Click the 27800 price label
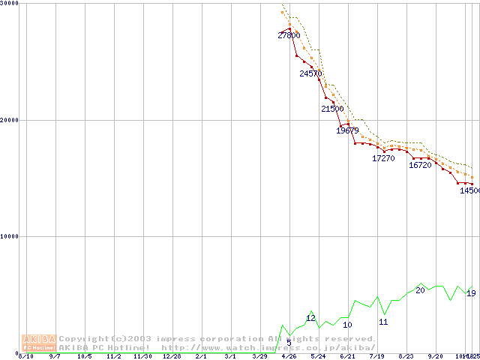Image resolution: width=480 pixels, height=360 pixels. (289, 35)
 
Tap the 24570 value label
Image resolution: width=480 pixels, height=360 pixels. (310, 73)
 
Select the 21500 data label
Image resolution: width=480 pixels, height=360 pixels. (332, 109)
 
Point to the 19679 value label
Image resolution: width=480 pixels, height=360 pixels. (348, 130)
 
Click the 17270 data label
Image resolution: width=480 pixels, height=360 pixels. (383, 159)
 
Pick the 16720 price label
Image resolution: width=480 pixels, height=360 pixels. (420, 165)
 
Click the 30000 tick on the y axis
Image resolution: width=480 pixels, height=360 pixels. (10, 3)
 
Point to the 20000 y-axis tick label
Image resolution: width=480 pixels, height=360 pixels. (10, 120)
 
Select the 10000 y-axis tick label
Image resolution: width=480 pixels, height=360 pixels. (10, 236)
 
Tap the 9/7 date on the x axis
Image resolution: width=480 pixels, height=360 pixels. (55, 357)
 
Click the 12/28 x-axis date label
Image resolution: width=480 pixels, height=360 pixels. (172, 357)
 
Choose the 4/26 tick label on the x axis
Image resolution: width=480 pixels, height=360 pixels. (289, 357)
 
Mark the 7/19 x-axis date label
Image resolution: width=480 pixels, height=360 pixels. (376, 357)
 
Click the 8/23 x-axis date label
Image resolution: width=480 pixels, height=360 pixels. (406, 357)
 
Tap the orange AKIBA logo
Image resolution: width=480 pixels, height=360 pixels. (39, 342)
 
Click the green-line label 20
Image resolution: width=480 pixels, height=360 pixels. (420, 290)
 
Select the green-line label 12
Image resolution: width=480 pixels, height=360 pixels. (310, 319)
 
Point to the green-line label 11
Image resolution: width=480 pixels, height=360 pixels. (383, 322)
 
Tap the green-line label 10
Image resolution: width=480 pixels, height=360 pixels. (347, 325)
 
